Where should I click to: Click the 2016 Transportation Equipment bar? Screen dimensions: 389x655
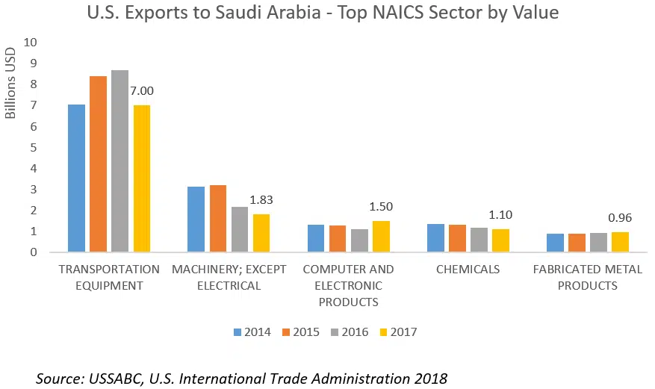tap(119, 161)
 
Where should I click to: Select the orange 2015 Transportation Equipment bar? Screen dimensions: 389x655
tap(98, 164)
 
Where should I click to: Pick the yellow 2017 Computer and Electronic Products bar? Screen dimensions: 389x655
tap(381, 236)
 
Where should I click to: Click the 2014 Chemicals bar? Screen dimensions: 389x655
tap(435, 237)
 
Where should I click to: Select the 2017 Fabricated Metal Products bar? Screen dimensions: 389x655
tap(620, 242)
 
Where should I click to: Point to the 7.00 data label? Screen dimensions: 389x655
tap(141, 90)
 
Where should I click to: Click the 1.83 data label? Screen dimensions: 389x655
tap(261, 199)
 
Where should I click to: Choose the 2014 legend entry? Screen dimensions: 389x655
tap(250, 332)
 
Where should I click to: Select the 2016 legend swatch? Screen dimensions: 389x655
tap(335, 332)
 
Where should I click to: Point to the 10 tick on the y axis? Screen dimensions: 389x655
tap(30, 43)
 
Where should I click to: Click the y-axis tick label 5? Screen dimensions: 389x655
tap(33, 147)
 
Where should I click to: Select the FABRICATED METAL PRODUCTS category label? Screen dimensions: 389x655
tap(588, 277)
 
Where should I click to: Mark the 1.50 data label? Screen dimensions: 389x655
tap(380, 206)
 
